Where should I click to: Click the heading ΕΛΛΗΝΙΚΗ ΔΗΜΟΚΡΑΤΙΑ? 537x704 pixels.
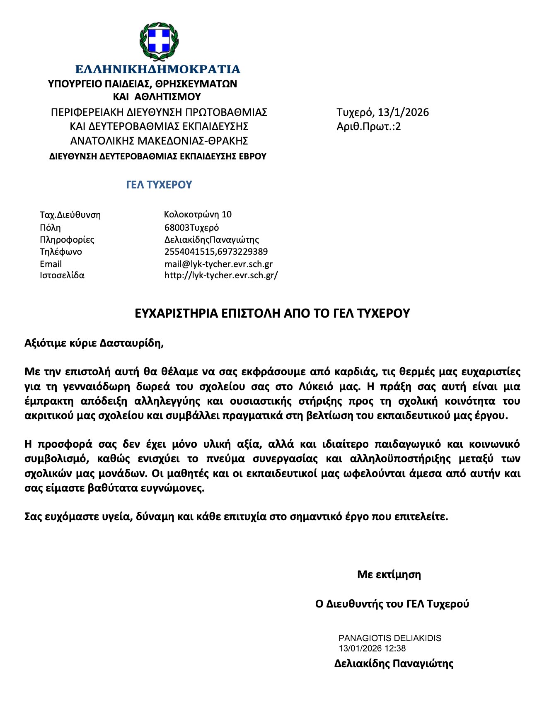(x=158, y=69)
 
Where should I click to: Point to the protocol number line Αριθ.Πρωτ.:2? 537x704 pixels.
(x=368, y=127)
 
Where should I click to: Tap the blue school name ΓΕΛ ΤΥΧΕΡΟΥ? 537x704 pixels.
(x=159, y=185)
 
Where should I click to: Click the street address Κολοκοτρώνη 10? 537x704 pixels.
(x=198, y=215)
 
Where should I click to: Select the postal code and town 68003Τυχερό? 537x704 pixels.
(x=191, y=227)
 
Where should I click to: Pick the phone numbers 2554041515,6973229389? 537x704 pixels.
(x=216, y=252)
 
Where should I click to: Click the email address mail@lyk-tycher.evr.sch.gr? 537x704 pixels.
(x=218, y=264)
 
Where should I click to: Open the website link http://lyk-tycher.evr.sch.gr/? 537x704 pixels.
(x=221, y=275)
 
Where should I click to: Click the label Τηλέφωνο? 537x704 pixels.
(x=61, y=252)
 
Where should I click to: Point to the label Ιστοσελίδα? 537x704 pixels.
(x=62, y=275)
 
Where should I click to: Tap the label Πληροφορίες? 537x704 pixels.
(x=67, y=240)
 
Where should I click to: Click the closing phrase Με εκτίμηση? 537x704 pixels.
(x=389, y=575)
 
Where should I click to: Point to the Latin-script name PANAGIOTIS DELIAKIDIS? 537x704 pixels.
(x=390, y=638)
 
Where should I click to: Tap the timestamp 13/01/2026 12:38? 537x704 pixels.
(x=372, y=649)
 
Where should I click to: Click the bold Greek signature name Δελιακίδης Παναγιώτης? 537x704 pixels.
(x=394, y=664)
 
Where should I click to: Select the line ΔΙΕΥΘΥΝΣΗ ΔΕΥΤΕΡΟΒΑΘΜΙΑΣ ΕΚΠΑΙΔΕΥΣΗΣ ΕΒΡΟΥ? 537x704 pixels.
(x=158, y=157)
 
